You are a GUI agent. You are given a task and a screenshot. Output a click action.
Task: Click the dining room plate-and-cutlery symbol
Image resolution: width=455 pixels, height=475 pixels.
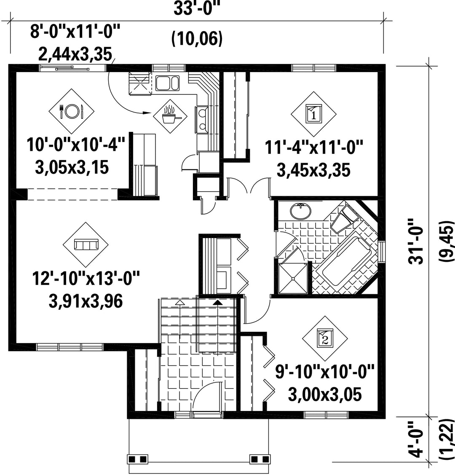pos(72,111)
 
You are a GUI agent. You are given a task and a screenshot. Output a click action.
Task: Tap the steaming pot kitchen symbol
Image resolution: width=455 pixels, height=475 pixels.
pos(170,115)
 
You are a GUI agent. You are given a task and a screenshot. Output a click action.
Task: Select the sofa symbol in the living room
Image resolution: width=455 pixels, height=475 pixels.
pos(86,244)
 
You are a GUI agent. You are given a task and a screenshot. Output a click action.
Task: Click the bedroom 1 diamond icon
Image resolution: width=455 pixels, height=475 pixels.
pos(313,114)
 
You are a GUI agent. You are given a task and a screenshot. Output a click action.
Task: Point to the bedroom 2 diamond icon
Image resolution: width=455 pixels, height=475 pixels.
pos(325,338)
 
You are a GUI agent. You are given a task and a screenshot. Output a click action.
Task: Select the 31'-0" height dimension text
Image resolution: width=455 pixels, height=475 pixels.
pos(416,241)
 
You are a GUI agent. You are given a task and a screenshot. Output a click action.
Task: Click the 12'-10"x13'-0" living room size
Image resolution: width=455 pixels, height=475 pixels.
pos(86,279)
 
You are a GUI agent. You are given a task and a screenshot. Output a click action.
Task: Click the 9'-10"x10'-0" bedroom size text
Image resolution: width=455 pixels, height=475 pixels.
pos(325,371)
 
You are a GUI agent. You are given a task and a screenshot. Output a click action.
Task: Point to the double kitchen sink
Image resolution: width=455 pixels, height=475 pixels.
pos(167,83)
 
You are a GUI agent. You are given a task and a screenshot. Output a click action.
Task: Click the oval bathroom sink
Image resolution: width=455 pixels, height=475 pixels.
pos(300,211)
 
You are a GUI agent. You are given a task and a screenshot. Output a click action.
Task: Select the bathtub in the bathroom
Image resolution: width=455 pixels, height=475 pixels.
pos(346,261)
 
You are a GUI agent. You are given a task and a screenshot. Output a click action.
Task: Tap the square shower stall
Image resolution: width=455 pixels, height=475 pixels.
pos(293,279)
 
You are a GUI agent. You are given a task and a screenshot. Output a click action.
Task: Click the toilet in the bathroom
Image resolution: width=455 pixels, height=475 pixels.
pos(345,218)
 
